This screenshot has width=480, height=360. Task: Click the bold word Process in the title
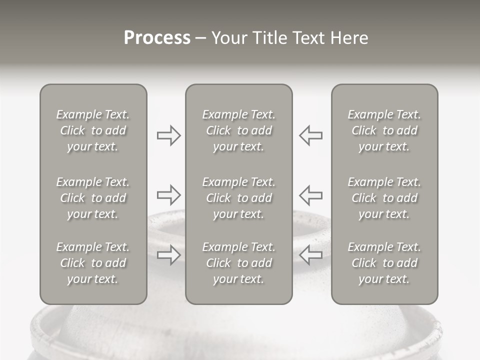(157, 38)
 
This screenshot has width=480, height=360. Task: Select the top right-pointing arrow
(168, 135)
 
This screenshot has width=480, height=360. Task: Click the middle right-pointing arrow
(168, 194)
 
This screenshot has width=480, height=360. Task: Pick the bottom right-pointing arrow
(168, 254)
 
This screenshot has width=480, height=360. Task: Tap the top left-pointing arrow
(310, 135)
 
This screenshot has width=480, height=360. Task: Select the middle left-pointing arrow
(310, 194)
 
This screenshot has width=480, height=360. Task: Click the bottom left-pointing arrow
(310, 254)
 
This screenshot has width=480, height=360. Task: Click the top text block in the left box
(93, 130)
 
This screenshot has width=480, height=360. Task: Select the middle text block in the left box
(93, 198)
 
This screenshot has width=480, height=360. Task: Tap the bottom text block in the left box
(93, 263)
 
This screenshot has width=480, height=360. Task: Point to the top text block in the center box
(238, 130)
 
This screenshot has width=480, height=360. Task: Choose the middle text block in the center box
(238, 198)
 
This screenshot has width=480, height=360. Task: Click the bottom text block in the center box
(238, 263)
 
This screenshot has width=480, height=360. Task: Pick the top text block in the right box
(384, 130)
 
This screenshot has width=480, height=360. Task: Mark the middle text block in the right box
(384, 198)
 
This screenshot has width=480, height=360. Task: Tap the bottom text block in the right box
(384, 263)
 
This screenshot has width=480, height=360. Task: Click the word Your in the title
(228, 38)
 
